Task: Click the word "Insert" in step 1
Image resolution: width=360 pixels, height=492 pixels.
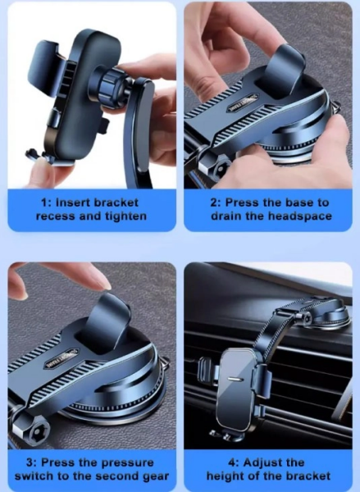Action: (73, 203)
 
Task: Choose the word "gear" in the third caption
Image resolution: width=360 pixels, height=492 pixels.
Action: (156, 476)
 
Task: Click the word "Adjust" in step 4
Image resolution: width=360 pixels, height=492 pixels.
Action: (261, 462)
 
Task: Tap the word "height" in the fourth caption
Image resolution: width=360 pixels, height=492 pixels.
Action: (224, 476)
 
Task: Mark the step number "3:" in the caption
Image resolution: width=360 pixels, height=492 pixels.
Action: (31, 462)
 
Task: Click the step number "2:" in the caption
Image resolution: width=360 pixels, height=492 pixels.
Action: (216, 203)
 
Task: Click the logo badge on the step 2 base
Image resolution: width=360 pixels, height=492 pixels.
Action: (242, 104)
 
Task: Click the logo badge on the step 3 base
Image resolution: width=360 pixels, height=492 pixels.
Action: (62, 358)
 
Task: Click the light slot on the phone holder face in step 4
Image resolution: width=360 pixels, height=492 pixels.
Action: (235, 379)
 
